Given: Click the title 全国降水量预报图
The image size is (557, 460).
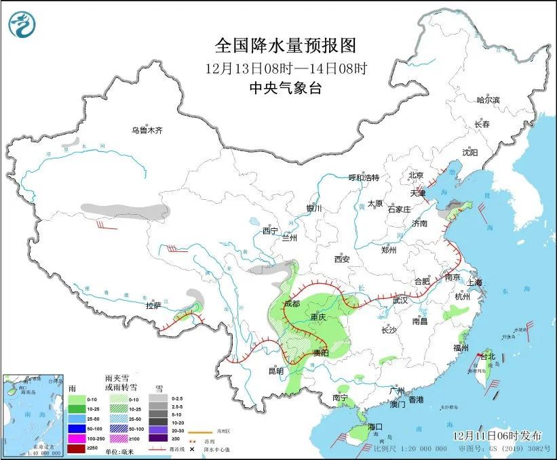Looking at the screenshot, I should pyautogui.click(x=285, y=46).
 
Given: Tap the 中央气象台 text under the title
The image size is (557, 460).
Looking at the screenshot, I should pyautogui.click(x=284, y=87).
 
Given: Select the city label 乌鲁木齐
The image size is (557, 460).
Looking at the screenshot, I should pyautogui.click(x=147, y=130).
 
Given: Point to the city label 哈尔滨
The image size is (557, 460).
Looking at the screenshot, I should pyautogui.click(x=487, y=100).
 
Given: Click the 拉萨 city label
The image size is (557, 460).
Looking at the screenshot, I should pyautogui.click(x=153, y=306).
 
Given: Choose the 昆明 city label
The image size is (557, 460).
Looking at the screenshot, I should pyautogui.click(x=275, y=371).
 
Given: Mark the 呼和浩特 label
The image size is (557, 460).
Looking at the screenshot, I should pyautogui.click(x=363, y=177).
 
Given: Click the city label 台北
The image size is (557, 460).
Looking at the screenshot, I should pyautogui.click(x=488, y=356).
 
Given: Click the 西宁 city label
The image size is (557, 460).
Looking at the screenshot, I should pyautogui.click(x=271, y=231).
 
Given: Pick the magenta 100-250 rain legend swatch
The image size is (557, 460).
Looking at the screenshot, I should pyautogui.click(x=77, y=440).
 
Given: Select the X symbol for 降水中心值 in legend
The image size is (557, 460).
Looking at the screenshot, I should pyautogui.click(x=192, y=449).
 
